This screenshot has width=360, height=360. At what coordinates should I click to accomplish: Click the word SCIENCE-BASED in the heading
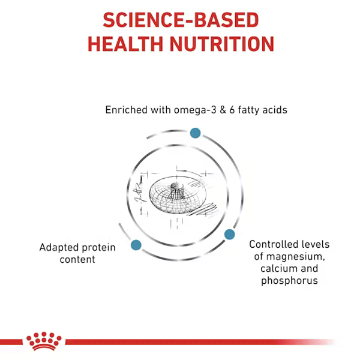181,20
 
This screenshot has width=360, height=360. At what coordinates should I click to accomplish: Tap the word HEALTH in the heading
125,44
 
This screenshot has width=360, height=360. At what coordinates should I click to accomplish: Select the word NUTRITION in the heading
222,44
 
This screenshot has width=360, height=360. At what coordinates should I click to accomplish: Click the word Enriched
126,110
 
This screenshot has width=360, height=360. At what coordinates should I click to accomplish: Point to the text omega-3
195,110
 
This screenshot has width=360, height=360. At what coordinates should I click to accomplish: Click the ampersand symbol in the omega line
223,110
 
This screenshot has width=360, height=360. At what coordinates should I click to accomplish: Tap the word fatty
248,110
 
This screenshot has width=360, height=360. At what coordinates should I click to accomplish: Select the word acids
275,110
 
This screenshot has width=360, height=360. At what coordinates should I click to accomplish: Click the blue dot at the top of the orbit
196,133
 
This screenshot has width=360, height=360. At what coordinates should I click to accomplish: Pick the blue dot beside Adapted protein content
136,245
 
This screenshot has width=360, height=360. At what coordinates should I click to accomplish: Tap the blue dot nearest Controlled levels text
230,235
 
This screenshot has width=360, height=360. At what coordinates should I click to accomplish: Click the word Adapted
59,248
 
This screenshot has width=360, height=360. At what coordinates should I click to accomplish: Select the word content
77,259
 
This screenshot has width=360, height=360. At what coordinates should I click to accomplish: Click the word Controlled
270,244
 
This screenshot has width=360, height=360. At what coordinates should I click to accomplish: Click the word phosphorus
289,281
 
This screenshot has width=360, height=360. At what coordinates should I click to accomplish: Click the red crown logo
44,341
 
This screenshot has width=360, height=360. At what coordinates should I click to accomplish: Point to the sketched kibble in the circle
178,195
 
